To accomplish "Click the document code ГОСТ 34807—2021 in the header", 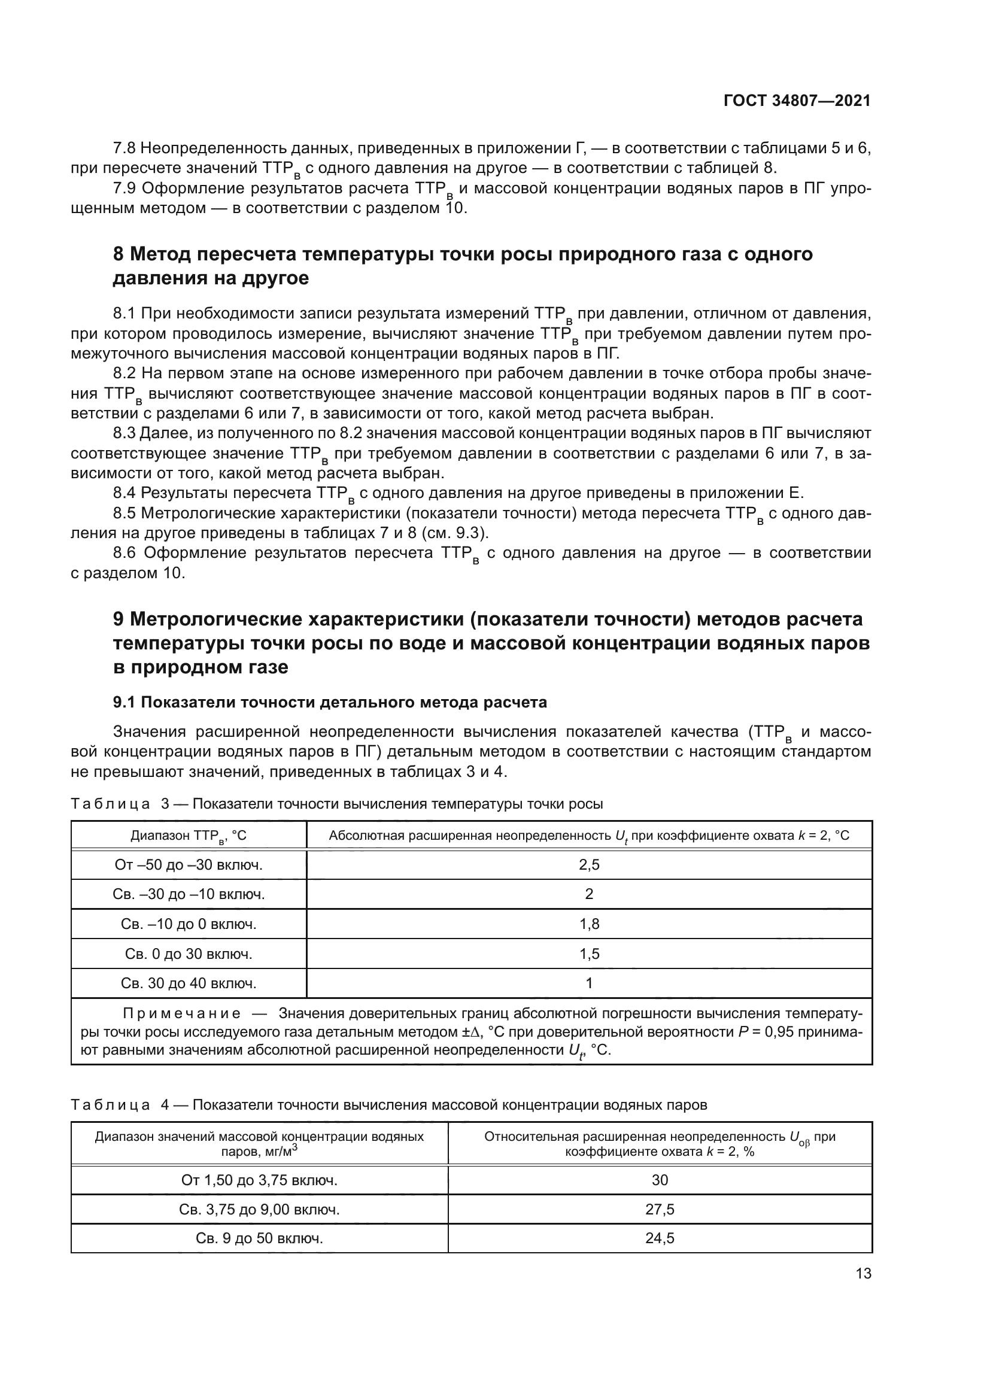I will pos(797,101).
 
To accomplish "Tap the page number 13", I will pos(863,1273).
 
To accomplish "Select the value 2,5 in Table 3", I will pos(589,865).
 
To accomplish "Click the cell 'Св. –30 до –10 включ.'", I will pos(189,894).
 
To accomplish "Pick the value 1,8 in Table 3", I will pos(589,924).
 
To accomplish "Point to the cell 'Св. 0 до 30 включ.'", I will pos(189,953).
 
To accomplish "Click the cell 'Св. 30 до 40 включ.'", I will pos(189,983).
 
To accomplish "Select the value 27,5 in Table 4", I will pos(660,1209).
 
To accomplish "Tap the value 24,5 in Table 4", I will pos(660,1238).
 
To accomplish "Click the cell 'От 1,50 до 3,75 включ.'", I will pos(259,1180).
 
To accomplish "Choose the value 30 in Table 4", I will pos(660,1180).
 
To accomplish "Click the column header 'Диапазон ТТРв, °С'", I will pos(189,836).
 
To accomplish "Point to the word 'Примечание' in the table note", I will pos(182,1013).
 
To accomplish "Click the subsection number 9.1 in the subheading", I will pos(124,703).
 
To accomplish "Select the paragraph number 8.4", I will pos(125,493).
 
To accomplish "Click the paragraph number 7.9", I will pos(125,189).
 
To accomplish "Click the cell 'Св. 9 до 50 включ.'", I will pos(259,1238).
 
